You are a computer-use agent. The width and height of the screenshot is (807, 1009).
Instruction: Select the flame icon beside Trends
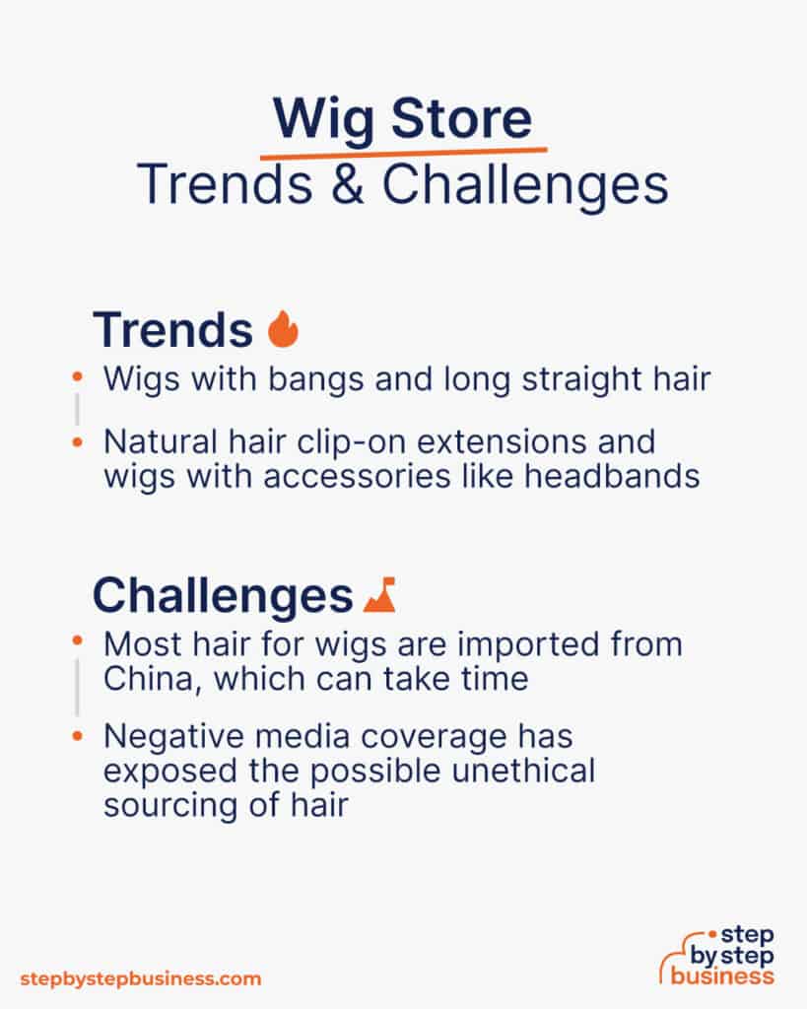[x=283, y=330]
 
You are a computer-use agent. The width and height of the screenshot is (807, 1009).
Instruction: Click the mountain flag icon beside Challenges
[x=379, y=596]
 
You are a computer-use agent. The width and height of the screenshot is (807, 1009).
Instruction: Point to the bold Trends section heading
[x=172, y=330]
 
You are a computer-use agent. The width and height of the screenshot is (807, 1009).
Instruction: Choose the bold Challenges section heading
[x=222, y=596]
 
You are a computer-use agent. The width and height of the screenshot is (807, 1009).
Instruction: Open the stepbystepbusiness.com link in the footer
[x=141, y=978]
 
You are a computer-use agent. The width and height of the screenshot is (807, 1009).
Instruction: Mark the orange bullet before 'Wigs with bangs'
[x=78, y=379]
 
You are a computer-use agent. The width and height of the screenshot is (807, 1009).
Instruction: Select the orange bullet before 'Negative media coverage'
[x=78, y=736]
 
